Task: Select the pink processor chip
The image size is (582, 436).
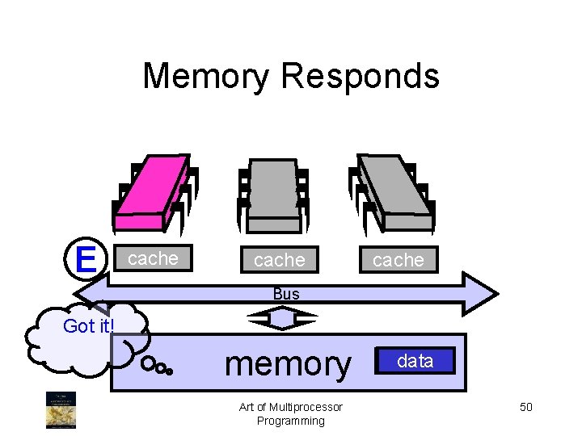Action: pyautogui.click(x=154, y=192)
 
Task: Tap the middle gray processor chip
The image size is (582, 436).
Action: pyautogui.click(x=273, y=192)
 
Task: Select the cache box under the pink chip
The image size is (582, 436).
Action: pyautogui.click(x=154, y=258)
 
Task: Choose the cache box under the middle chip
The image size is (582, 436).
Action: pyautogui.click(x=279, y=260)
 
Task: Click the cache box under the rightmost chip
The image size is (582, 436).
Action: pyautogui.click(x=398, y=260)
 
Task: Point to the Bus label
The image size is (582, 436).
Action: pyautogui.click(x=286, y=295)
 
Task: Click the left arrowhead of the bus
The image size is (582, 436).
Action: pyautogui.click(x=97, y=293)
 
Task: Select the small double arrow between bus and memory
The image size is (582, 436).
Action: pyautogui.click(x=284, y=320)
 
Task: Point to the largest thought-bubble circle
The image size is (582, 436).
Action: pyautogui.click(x=148, y=364)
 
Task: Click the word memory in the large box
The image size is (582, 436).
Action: pyautogui.click(x=288, y=364)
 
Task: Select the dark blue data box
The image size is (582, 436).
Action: pyautogui.click(x=415, y=361)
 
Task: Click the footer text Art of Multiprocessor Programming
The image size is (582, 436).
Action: pyautogui.click(x=291, y=413)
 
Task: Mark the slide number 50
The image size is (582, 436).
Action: pyautogui.click(x=525, y=407)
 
